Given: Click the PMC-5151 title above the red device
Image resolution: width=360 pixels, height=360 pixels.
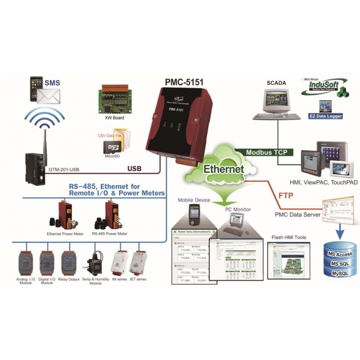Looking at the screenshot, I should point(184,82).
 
